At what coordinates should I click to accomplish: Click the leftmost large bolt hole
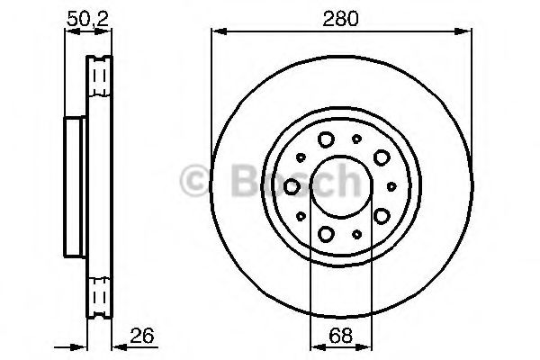tap(293, 185)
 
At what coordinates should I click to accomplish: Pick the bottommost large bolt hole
tap(325, 234)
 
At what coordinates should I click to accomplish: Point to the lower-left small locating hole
tap(301, 216)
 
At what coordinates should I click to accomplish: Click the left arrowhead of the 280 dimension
tap(216, 31)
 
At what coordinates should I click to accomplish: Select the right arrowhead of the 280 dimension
tap(467, 31)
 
